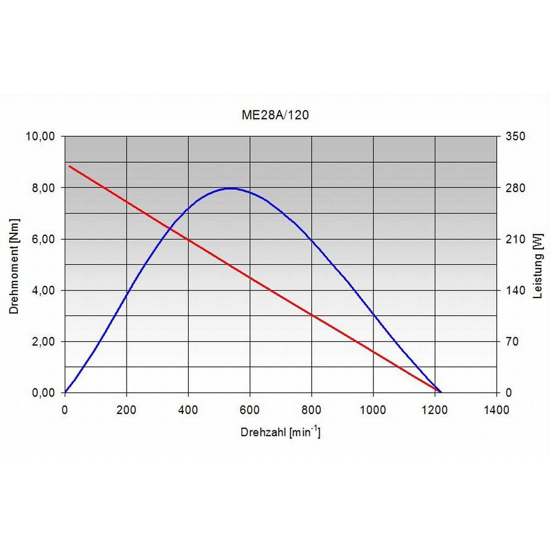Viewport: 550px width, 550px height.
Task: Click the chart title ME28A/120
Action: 275,115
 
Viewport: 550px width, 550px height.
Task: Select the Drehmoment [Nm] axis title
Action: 14,266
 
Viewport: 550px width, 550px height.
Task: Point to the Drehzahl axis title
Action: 280,432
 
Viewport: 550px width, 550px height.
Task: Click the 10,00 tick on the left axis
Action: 40,137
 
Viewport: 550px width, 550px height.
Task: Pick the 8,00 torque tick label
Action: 43,188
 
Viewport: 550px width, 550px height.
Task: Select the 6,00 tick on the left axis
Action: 43,239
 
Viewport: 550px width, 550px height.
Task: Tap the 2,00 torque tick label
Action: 43,342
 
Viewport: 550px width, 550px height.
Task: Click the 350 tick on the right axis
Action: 515,137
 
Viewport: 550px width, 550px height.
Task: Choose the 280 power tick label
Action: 515,188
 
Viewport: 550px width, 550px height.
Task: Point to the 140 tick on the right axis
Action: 515,291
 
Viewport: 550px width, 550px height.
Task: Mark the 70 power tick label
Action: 512,342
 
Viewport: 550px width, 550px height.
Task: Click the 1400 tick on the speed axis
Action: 496,410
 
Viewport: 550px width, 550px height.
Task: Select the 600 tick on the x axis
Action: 250,410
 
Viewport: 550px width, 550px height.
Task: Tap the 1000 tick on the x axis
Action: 373,410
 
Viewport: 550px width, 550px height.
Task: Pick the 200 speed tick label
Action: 126,410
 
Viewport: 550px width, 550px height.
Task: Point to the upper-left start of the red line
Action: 69,166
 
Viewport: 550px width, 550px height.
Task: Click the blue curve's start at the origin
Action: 66,392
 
